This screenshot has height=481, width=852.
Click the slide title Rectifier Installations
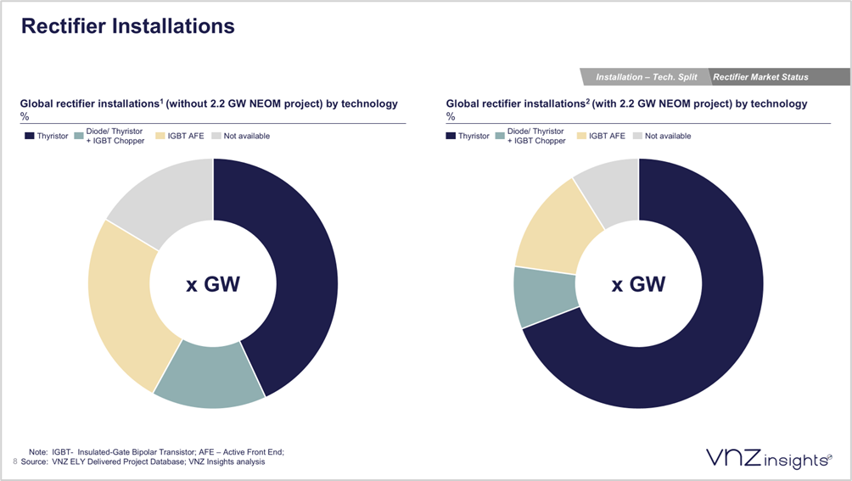click(x=127, y=26)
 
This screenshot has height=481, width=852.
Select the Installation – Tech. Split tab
click(x=646, y=77)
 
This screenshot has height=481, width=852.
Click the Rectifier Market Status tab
click(x=760, y=77)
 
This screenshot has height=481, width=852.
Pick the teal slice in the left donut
click(x=208, y=373)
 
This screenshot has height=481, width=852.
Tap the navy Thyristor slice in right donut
click(x=679, y=356)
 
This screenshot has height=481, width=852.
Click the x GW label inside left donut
click(x=213, y=284)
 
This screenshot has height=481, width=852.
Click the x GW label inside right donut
click(x=639, y=284)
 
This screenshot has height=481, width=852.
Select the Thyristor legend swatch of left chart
click(x=29, y=136)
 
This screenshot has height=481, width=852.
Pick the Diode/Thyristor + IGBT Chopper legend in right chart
click(x=535, y=136)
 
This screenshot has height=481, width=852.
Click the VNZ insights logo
click(x=768, y=459)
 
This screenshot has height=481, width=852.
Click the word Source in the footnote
click(x=34, y=461)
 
